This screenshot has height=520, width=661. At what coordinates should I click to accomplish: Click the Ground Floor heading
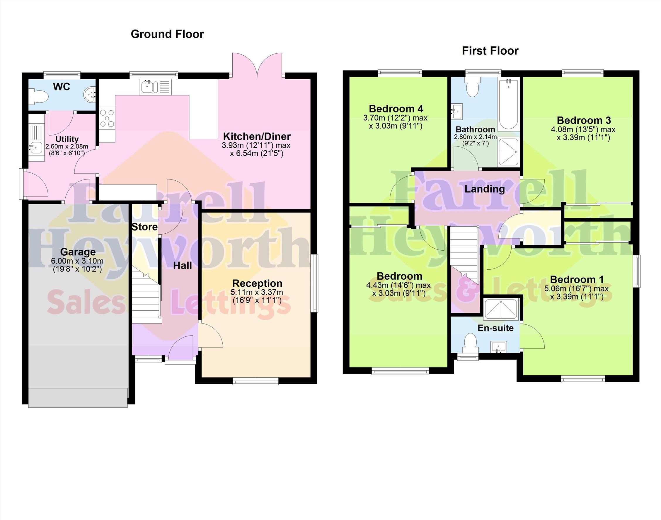(167, 34)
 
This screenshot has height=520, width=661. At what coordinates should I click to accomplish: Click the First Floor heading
(490, 51)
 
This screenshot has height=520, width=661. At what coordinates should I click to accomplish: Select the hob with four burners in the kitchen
(107, 117)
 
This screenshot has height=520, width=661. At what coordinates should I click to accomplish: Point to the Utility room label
(67, 139)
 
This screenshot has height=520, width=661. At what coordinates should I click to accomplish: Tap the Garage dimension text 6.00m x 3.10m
(77, 261)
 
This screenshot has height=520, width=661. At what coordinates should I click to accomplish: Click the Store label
(144, 227)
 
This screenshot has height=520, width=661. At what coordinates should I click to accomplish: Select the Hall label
(183, 266)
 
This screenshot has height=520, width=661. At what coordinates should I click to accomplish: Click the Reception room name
(257, 283)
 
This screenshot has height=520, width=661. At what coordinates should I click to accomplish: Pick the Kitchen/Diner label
(257, 136)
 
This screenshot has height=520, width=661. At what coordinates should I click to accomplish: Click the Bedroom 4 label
(396, 109)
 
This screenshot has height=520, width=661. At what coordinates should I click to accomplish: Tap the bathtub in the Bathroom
(508, 104)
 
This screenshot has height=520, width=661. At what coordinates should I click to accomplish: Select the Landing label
(485, 189)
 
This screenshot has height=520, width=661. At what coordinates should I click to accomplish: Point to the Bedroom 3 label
(584, 120)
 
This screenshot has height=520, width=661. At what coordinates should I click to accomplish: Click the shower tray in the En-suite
(501, 309)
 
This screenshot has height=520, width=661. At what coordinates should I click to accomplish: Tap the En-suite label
(495, 328)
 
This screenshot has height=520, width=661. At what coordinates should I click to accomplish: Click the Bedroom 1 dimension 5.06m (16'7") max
(577, 288)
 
